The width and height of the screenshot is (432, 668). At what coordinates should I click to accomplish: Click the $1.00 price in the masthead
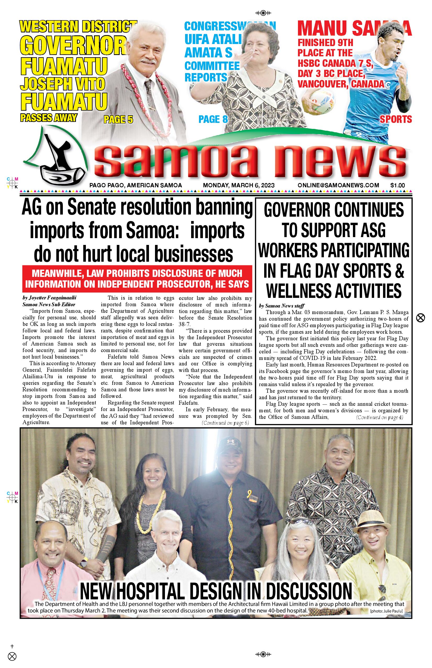pyautogui.click(x=397, y=185)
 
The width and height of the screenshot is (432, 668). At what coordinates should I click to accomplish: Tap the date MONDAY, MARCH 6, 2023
pyautogui.click(x=239, y=185)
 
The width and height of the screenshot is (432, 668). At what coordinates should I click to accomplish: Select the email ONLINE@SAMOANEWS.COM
pyautogui.click(x=338, y=185)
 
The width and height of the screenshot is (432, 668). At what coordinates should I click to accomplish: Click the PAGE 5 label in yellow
pyautogui.click(x=118, y=119)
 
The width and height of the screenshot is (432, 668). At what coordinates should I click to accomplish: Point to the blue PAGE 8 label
pyautogui.click(x=213, y=119)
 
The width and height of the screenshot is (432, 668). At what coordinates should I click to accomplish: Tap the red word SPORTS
pyautogui.click(x=396, y=119)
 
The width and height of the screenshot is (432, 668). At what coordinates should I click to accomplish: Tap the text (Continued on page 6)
pyautogui.click(x=225, y=423)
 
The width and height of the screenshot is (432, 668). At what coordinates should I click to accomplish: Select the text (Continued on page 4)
pyautogui.click(x=380, y=417)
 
